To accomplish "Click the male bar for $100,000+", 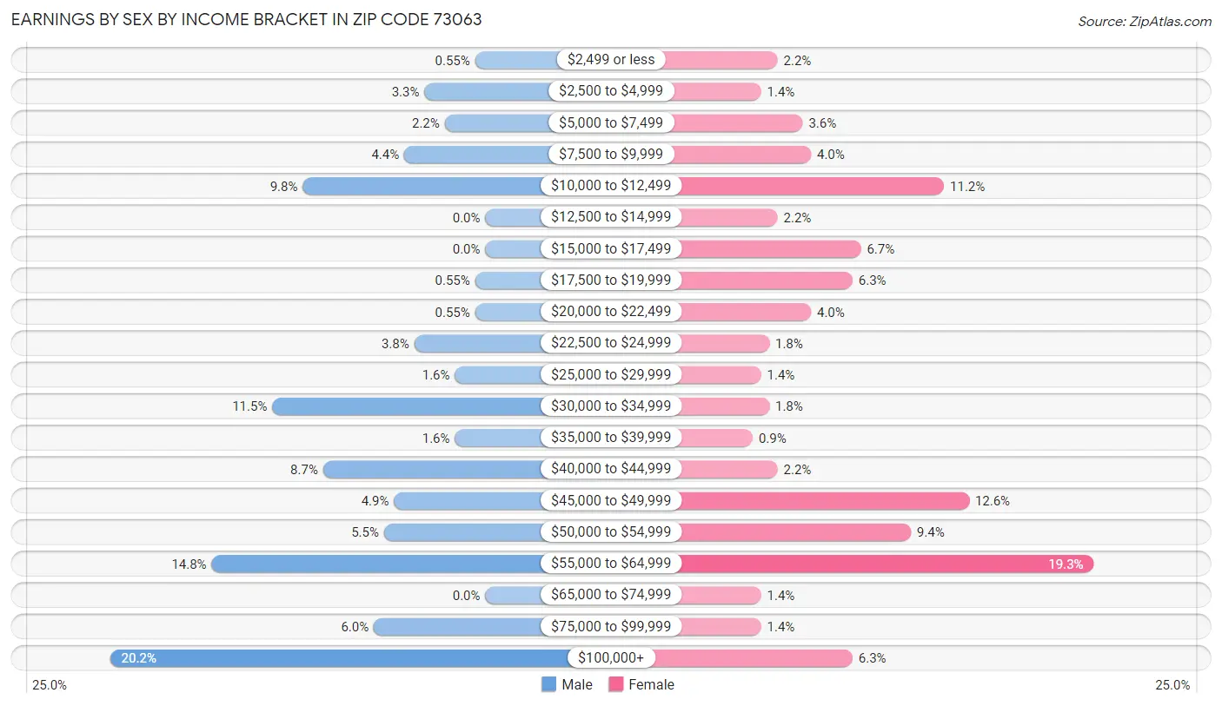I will tap(339, 658).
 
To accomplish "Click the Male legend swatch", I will tap(548, 684).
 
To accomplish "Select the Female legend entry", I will tap(641, 684).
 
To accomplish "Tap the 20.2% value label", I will tap(138, 658).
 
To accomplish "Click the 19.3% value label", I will tap(1066, 564).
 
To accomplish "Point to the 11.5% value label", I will tap(249, 406).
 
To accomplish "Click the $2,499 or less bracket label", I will tap(611, 60).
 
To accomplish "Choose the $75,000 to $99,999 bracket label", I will tap(611, 626).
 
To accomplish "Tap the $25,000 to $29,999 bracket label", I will tap(611, 374).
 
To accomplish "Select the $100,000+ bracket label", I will tap(611, 658).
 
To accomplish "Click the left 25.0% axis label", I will tap(50, 685).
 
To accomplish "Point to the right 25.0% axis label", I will tap(1172, 685).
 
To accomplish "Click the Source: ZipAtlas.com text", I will tap(1144, 20).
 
